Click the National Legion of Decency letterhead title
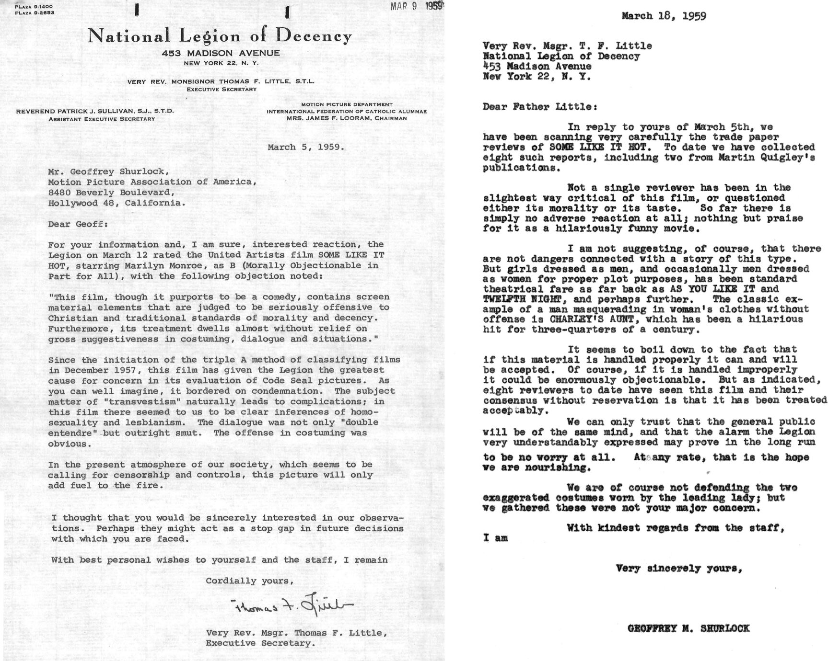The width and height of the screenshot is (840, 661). coord(220,36)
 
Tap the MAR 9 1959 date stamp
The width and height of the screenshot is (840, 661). coord(416,6)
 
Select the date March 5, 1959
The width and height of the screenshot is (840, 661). coord(306,147)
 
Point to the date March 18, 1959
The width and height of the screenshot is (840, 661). coord(664,16)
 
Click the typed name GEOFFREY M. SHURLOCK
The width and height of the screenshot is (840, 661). coord(688,628)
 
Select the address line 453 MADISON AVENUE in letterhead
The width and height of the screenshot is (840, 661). coord(221,53)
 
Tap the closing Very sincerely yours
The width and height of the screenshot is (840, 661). coord(679,569)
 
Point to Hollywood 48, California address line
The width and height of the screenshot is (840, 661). coord(116,203)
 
